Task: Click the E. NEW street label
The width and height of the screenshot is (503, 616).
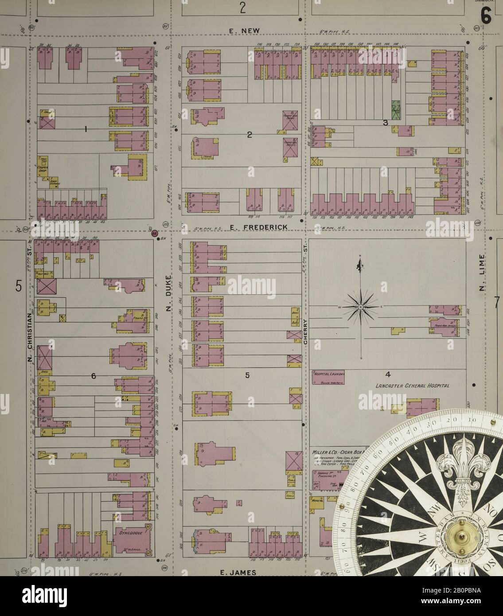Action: (x=242, y=31)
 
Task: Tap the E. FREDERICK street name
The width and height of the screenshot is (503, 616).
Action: (x=259, y=227)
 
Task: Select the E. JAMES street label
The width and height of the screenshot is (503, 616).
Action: (x=238, y=572)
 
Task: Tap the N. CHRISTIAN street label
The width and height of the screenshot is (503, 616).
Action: (x=30, y=337)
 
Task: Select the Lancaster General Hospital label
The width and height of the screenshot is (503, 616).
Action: (x=412, y=386)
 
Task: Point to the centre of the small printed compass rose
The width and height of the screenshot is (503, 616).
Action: (x=361, y=307)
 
